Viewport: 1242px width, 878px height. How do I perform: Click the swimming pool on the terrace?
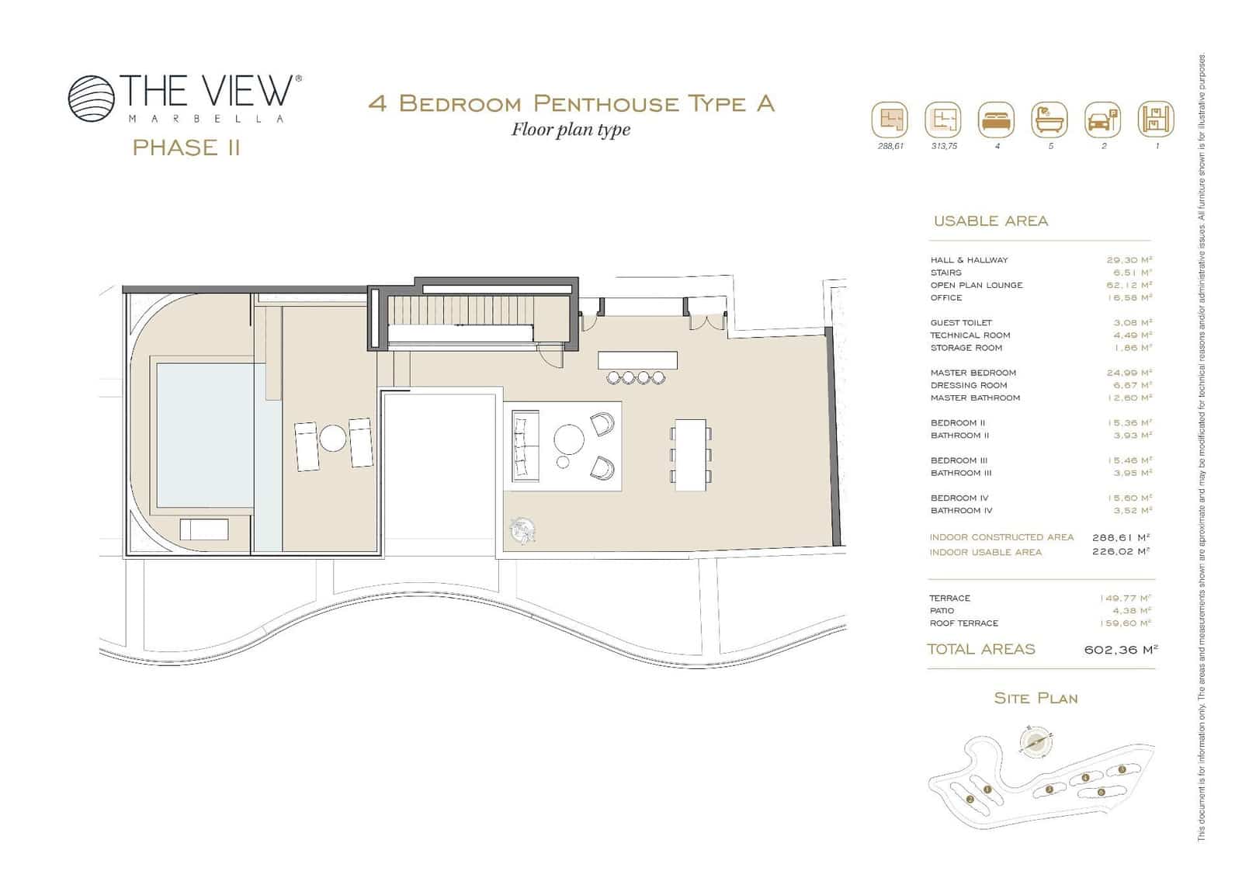[x=206, y=435]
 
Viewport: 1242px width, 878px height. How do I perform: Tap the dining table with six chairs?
[x=691, y=454]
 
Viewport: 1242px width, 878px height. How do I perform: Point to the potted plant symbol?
[x=521, y=530]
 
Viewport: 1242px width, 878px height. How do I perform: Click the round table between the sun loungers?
[x=334, y=438]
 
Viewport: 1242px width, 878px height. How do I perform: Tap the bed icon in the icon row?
[x=996, y=120]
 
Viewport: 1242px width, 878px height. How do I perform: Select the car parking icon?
[x=1102, y=120]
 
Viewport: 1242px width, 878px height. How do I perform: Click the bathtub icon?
[x=1049, y=120]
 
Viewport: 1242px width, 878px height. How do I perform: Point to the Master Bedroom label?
[x=973, y=373]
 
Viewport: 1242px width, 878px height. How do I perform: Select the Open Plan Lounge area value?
[x=1129, y=285]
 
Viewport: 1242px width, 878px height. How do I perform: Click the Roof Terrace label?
[x=963, y=623]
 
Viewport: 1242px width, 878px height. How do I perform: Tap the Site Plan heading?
[x=1036, y=698]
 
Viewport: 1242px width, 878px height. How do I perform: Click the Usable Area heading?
[x=990, y=221]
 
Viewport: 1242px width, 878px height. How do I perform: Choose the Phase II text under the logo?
[x=186, y=147]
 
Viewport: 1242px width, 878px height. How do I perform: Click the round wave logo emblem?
[x=91, y=99]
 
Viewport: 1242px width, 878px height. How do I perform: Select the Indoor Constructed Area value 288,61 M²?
[x=1120, y=537]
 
